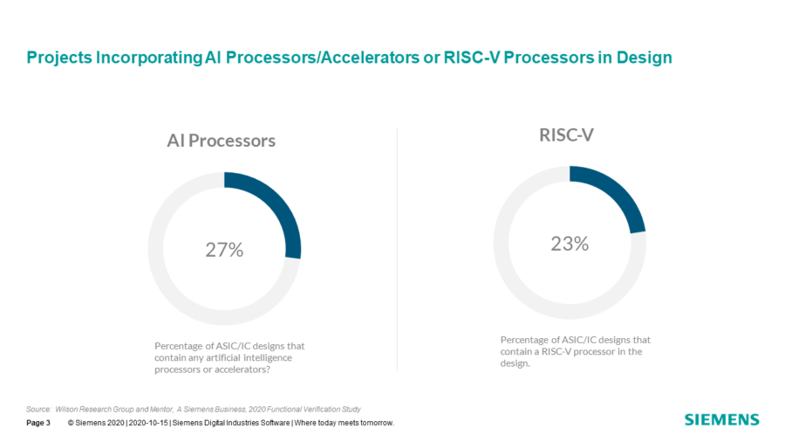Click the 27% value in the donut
point(224,250)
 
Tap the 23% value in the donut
point(570,244)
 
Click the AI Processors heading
point(222,141)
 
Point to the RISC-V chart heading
point(566,135)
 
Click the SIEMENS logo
point(722,419)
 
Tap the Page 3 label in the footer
point(38,423)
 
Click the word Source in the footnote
point(38,410)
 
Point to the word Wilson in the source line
point(65,410)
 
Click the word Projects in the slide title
point(59,58)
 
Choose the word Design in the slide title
point(645,58)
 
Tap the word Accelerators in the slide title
point(370,58)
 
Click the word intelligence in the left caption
point(268,358)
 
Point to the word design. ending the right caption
point(515,364)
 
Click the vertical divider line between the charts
point(397,250)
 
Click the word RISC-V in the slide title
point(472,58)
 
